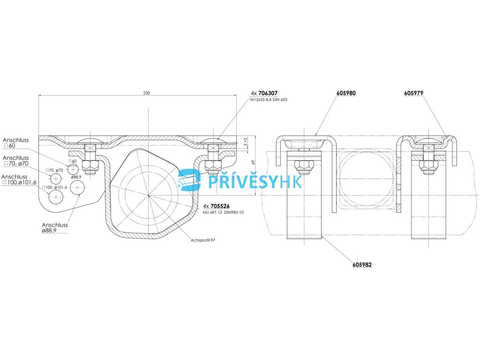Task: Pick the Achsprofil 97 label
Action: pos(202,240)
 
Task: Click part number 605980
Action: pos(346,93)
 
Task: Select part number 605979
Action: pos(413,93)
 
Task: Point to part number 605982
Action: pos(362,265)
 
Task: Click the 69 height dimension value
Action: pos(253,162)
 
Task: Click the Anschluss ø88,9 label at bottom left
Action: pos(55,228)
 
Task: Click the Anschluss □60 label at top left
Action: pos(15,143)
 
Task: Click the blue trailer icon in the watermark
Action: pos(189,180)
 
